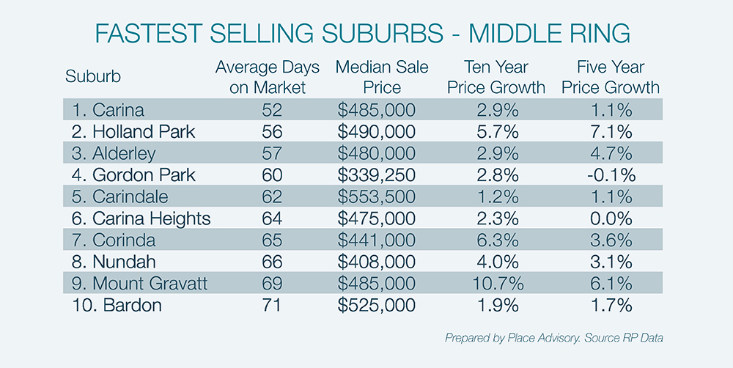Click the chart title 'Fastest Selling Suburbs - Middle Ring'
coord(366,34)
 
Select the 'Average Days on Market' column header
coord(268,77)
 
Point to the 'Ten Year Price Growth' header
coord(496,77)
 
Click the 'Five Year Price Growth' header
coord(611,77)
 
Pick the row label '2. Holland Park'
coord(133,132)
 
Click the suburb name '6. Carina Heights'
coord(142,218)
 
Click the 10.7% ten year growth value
coord(496,282)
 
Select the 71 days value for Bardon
coord(268,304)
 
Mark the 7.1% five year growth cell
coord(611,132)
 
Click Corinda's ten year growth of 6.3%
coord(496,240)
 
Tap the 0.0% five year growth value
coord(611,218)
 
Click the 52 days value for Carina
coord(268,111)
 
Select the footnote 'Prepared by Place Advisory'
coord(506,338)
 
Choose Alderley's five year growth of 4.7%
coord(611,153)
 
